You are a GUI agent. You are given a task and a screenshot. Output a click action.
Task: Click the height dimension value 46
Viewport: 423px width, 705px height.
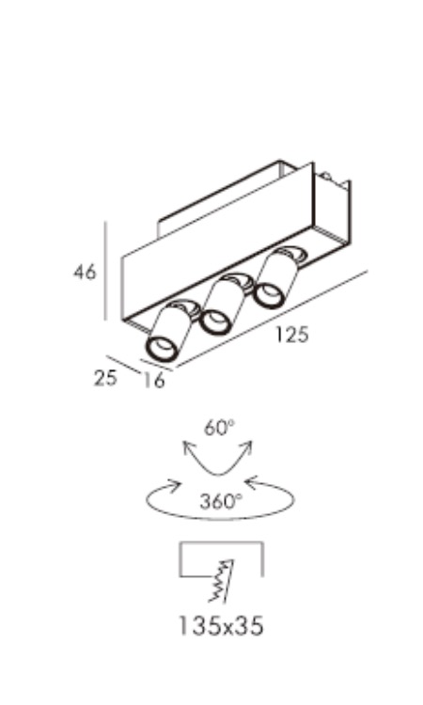click(85, 272)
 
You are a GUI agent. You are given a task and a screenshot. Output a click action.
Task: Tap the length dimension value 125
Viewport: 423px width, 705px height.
click(292, 335)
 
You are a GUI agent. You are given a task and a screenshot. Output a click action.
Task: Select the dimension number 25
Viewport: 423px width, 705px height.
click(105, 378)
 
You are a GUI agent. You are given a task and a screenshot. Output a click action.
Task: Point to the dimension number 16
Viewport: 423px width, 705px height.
click(154, 381)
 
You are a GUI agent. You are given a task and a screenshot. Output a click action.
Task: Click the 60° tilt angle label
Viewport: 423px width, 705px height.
click(219, 427)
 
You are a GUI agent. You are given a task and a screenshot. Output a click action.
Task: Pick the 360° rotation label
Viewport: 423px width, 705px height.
click(221, 501)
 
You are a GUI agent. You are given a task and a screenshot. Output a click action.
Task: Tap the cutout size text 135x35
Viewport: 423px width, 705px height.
click(221, 625)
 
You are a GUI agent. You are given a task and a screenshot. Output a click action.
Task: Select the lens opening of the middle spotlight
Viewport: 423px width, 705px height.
click(215, 321)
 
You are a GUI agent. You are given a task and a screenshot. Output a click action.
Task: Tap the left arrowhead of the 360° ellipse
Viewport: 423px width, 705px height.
click(175, 486)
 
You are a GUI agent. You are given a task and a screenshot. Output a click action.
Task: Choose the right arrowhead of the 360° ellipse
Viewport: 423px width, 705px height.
click(253, 485)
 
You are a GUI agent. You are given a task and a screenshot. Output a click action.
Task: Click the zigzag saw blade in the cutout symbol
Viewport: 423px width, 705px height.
click(222, 581)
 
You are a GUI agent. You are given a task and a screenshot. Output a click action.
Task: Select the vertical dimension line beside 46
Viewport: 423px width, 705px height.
click(105, 271)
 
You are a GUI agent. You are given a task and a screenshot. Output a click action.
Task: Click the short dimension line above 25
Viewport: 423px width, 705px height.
click(124, 365)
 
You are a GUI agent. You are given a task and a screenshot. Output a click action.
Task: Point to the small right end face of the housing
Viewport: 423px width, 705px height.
click(332, 211)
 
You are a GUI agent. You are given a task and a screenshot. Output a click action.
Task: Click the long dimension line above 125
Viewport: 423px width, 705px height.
click(272, 319)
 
